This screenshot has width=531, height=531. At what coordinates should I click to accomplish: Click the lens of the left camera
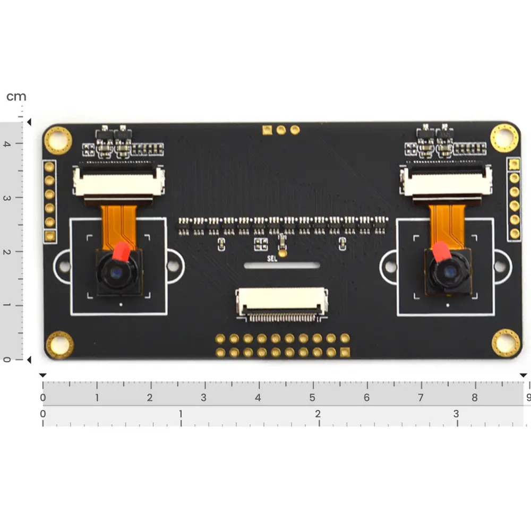117,272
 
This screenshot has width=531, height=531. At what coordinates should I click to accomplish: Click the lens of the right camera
449,271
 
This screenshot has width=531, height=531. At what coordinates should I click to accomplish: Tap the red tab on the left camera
121,251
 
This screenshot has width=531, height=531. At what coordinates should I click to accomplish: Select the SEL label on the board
272,259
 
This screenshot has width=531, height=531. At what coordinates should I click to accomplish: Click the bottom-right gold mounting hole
506,342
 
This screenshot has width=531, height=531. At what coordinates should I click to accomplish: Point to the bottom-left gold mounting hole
59,345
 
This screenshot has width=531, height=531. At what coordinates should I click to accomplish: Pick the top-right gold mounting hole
504,138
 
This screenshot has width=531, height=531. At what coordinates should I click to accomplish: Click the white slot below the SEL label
282,265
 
